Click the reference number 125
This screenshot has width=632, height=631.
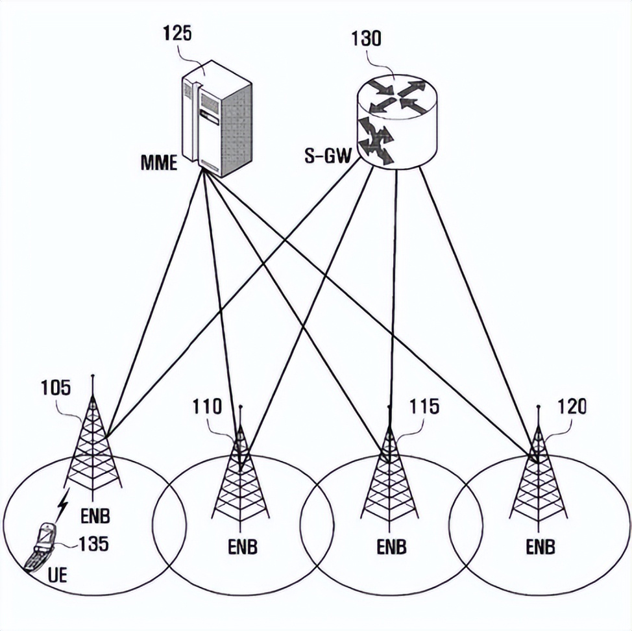click(178, 33)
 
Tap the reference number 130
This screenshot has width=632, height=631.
click(367, 38)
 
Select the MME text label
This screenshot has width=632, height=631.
click(159, 162)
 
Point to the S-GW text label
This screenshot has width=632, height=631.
click(328, 156)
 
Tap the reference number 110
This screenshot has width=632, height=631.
click(207, 407)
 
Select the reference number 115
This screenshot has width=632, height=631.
click(424, 407)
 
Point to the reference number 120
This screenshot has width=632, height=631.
click(572, 407)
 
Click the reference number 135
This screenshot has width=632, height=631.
click(93, 543)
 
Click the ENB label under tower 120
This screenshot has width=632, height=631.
click(541, 547)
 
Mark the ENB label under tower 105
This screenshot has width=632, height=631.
click(95, 517)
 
